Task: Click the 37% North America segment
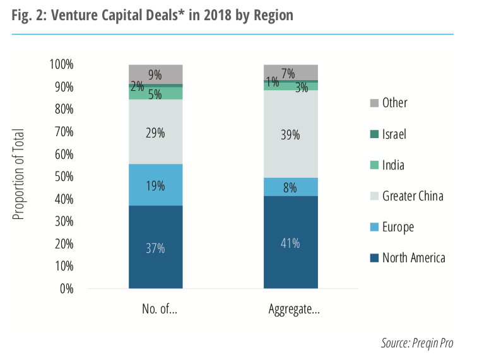[155, 247]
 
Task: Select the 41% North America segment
[291, 243]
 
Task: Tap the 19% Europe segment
[155, 185]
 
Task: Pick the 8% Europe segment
[291, 187]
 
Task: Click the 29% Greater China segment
[155, 132]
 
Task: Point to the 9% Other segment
[155, 74]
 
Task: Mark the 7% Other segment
[291, 73]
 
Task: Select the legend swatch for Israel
[374, 134]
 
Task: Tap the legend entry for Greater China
[413, 196]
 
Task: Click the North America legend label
[413, 258]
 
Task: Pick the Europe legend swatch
[374, 227]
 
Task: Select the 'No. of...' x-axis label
[155, 310]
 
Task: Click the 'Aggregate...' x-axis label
[291, 310]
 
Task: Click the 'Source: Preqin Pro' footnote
[416, 344]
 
